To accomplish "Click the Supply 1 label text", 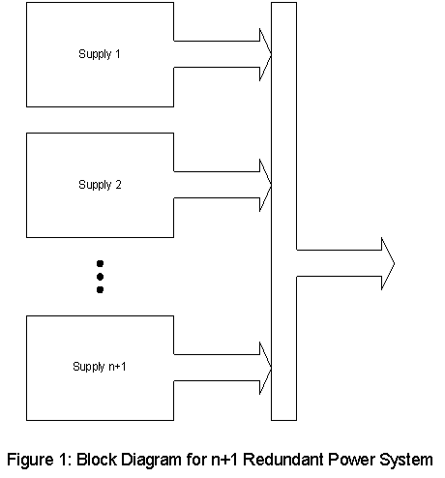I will (x=100, y=53).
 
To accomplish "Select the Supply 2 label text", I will (x=100, y=184).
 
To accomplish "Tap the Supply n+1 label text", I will (x=100, y=367).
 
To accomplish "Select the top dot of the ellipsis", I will (x=100, y=262).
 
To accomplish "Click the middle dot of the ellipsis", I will (x=100, y=276).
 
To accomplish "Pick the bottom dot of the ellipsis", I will (x=100, y=288).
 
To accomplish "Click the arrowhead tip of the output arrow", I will (x=392, y=262).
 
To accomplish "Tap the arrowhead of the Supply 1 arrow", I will (x=265, y=54).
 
